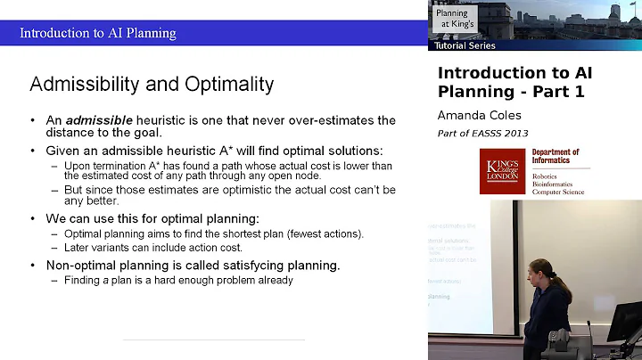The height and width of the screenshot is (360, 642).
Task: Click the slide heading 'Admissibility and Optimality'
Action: (152, 85)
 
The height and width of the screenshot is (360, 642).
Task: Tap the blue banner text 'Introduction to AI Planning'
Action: (98, 34)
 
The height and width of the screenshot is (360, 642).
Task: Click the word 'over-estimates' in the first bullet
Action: (331, 120)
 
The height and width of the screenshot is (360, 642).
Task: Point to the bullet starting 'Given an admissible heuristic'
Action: (213, 151)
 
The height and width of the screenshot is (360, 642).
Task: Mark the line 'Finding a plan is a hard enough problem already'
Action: (178, 280)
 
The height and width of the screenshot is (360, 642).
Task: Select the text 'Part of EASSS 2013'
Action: (482, 133)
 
